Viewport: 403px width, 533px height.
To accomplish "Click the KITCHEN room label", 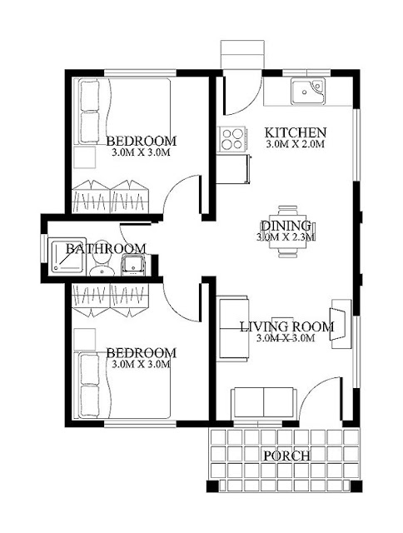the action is click(296, 132).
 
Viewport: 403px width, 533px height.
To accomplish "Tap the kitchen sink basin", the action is click(307, 91).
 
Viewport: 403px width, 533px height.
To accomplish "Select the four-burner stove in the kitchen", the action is click(233, 139).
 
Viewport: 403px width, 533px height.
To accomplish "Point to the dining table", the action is click(287, 232).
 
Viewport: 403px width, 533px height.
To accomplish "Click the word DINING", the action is click(286, 226).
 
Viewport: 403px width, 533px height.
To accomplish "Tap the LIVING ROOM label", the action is click(287, 326).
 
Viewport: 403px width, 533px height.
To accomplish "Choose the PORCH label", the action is click(286, 456).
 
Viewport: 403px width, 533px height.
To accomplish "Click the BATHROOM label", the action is click(106, 248).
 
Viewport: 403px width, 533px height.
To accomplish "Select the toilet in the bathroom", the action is click(102, 266).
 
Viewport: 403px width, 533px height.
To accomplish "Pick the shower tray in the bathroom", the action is click(67, 256).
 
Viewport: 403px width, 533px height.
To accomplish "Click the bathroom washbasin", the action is click(133, 265).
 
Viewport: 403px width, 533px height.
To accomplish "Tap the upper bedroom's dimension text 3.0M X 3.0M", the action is click(141, 152).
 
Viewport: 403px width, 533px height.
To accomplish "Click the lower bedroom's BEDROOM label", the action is click(142, 353).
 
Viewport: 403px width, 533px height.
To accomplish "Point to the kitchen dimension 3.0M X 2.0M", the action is click(295, 144).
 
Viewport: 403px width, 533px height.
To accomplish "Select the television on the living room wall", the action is click(335, 324).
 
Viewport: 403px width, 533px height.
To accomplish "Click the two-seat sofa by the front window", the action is click(264, 402).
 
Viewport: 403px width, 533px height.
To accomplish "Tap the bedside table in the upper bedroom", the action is click(85, 157).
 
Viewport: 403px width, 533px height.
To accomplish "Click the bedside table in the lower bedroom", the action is click(85, 339).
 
